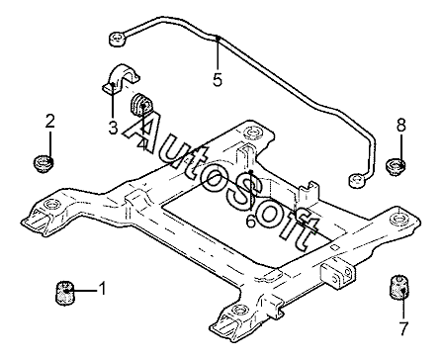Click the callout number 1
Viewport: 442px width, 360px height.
(x=103, y=289)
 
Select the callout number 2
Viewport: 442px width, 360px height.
(x=49, y=121)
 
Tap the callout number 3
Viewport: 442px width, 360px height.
(x=113, y=128)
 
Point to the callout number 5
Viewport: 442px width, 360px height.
(x=218, y=79)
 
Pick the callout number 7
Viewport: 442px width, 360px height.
(x=403, y=327)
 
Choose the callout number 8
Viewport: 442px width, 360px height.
(x=401, y=126)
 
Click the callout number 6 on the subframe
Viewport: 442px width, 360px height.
(x=251, y=221)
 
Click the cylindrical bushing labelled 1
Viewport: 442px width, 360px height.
(x=64, y=292)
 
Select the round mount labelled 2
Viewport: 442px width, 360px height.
(x=44, y=164)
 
